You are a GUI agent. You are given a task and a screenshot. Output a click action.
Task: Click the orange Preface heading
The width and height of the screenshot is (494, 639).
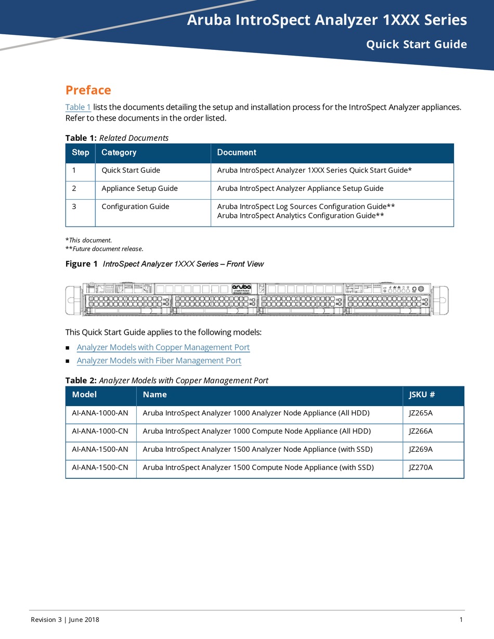[88, 90]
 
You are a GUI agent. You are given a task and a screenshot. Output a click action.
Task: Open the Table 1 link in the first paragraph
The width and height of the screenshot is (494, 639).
[78, 107]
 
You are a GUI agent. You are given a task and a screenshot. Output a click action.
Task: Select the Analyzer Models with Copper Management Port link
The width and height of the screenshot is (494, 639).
[163, 347]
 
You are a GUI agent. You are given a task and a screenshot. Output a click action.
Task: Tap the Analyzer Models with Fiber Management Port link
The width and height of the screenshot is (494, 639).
[159, 360]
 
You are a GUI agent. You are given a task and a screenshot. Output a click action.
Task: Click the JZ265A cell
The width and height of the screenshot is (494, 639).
[421, 413]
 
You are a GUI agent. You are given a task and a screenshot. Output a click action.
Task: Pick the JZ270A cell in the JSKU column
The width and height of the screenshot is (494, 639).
[421, 467]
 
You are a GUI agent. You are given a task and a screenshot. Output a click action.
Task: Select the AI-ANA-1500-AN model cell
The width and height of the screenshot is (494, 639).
[100, 449]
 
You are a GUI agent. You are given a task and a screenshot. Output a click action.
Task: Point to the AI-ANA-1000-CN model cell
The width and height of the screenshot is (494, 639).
[100, 431]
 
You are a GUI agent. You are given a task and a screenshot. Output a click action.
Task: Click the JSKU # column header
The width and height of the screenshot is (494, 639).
[422, 395]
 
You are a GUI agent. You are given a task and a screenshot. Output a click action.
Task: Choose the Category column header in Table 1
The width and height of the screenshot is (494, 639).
[119, 152]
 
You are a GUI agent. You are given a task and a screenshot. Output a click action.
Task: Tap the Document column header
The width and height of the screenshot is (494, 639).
[237, 152]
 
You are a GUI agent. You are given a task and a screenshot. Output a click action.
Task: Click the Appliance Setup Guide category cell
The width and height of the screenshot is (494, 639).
[139, 188]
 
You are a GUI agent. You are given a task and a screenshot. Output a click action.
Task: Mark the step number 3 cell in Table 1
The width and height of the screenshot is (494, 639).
[74, 206]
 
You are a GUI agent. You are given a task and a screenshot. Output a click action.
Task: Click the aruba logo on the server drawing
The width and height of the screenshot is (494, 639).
[241, 288]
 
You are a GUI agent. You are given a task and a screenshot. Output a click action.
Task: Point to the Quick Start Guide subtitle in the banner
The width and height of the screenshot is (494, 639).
[416, 44]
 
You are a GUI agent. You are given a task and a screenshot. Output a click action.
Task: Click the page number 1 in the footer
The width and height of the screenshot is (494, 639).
[461, 619]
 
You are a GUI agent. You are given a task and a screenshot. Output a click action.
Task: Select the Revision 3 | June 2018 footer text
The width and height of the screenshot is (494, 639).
[65, 619]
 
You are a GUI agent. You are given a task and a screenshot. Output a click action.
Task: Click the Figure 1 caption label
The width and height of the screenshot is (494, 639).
[81, 264]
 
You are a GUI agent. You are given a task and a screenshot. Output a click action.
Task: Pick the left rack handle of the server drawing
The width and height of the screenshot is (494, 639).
[71, 300]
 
